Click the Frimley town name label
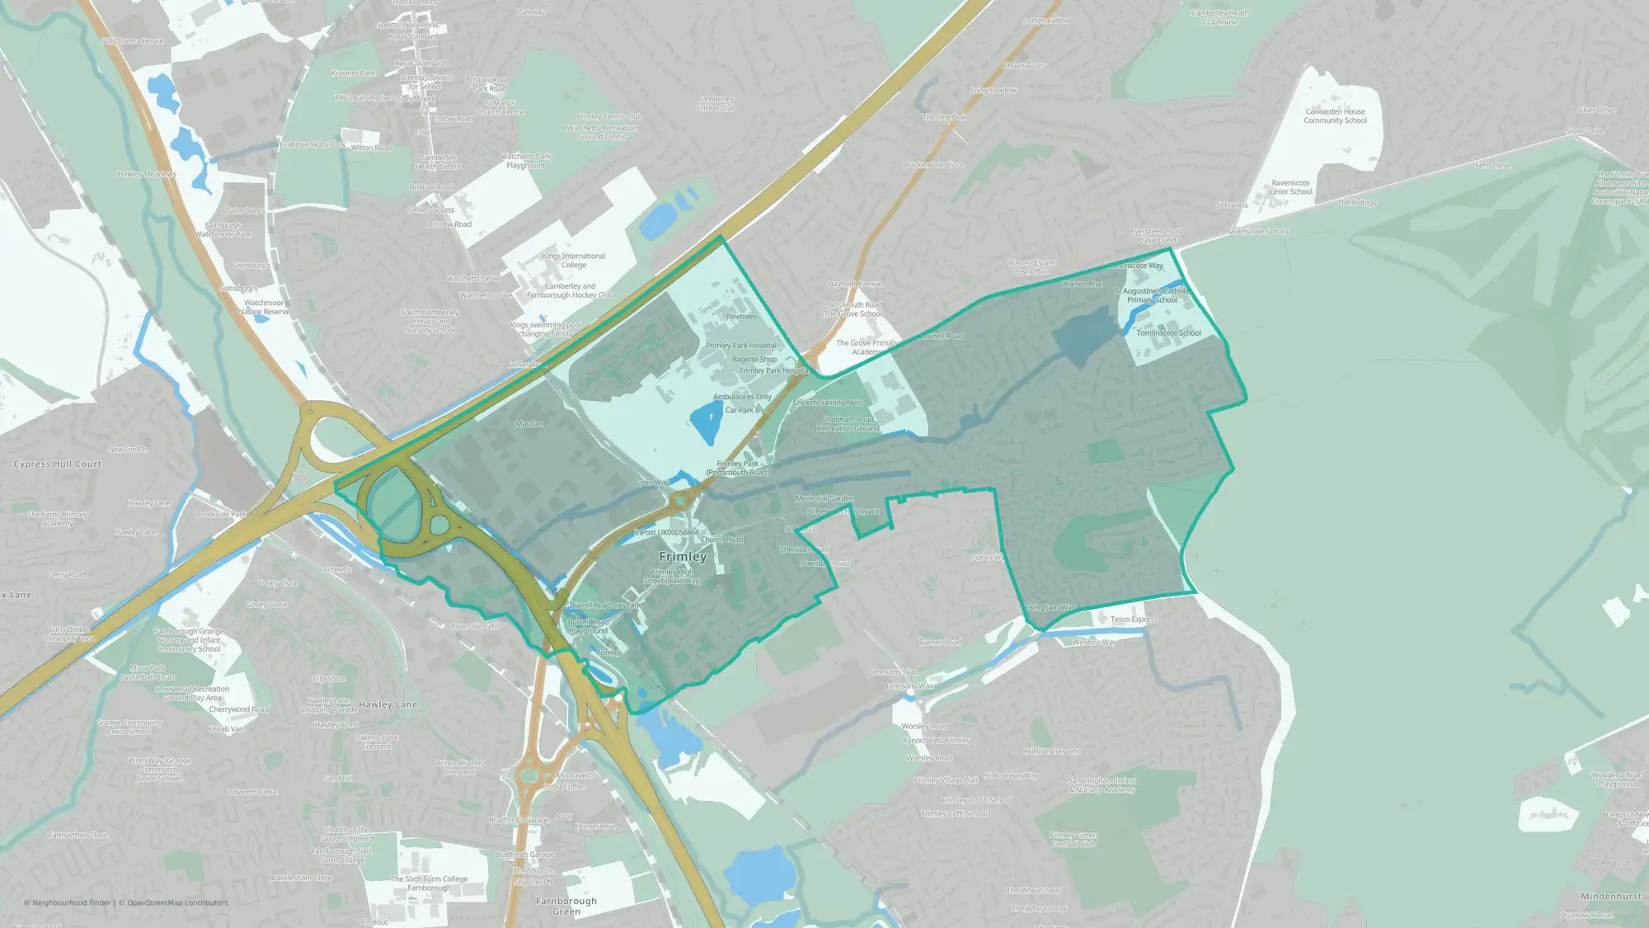[683, 557]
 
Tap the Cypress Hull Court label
[58, 464]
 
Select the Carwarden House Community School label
[1335, 116]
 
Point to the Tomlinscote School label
[1168, 333]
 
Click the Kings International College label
[574, 261]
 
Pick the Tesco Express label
[1133, 619]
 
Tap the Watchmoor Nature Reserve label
[264, 308]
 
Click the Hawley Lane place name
[388, 704]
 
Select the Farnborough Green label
[566, 906]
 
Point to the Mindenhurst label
[1611, 897]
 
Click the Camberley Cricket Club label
[716, 103]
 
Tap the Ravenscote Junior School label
[1290, 187]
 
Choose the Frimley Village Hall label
[946, 780]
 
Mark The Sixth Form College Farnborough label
[429, 883]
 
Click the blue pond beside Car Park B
[706, 422]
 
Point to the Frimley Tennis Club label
[609, 117]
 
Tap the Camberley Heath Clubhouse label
[1219, 17]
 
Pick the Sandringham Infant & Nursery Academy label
[1102, 785]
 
